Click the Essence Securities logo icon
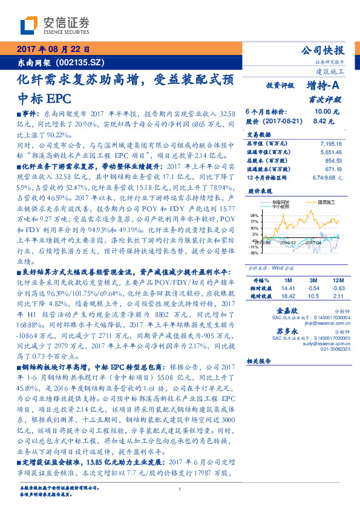tap(30, 25)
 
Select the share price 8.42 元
tap(319, 121)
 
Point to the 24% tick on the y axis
tap(254, 215)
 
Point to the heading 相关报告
tap(261, 360)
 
